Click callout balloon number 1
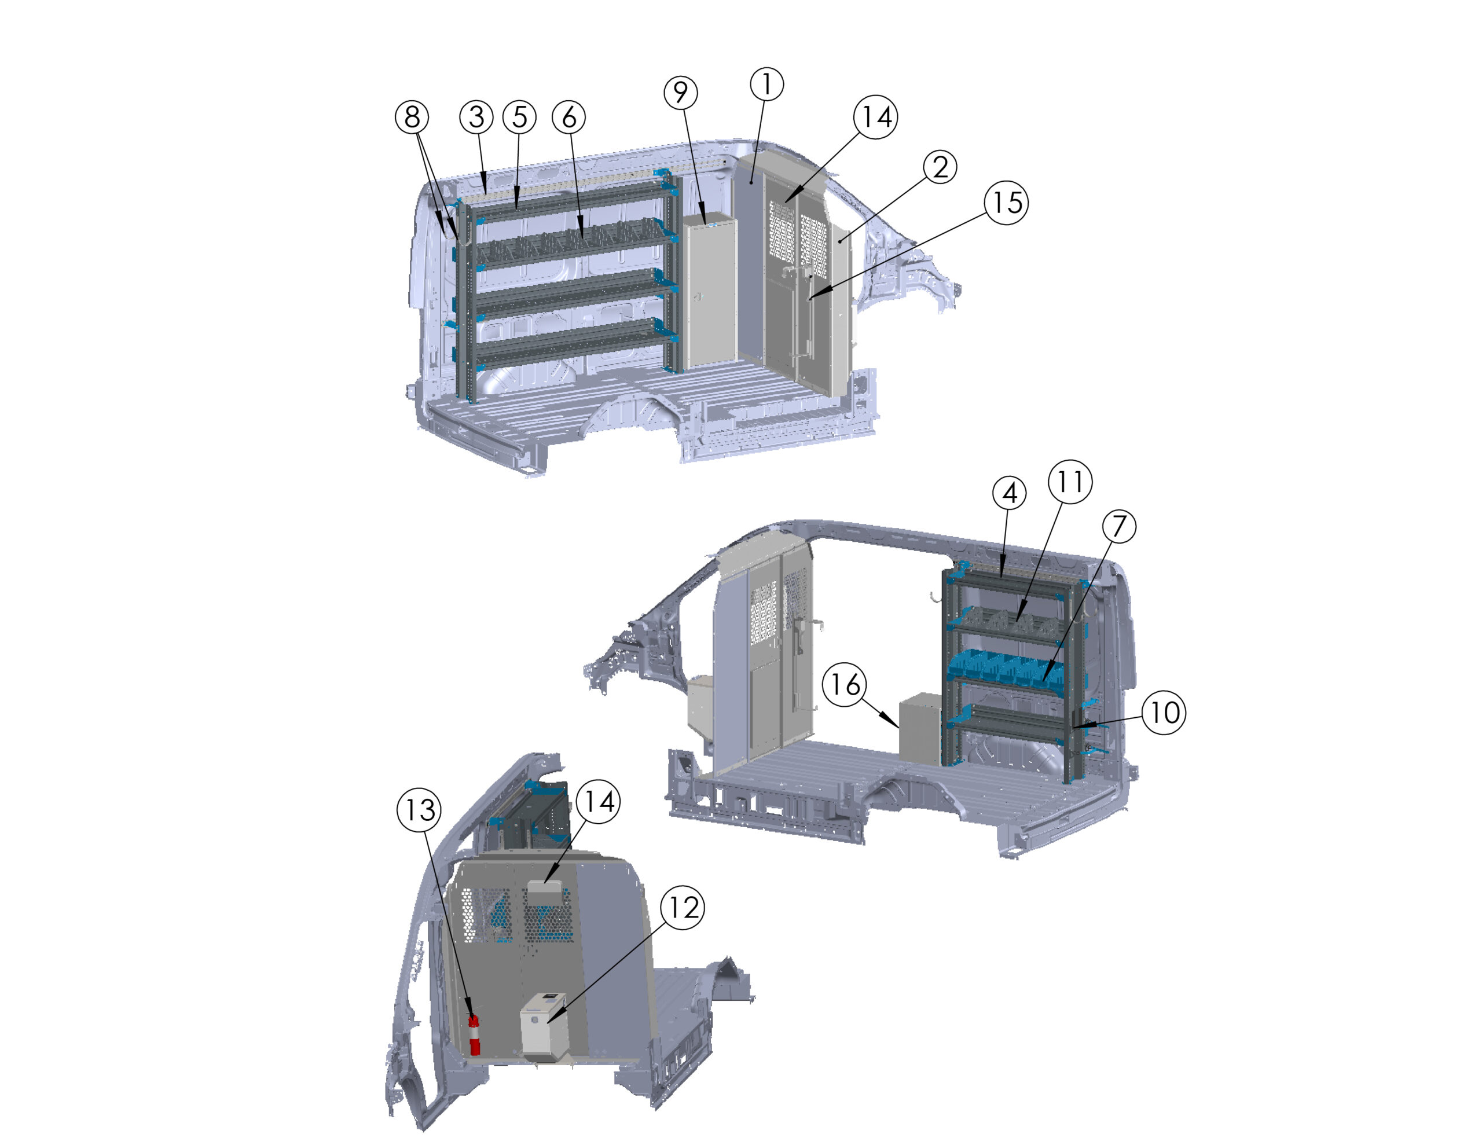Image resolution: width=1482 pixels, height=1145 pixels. (x=767, y=84)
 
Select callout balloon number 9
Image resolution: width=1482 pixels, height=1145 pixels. (x=681, y=92)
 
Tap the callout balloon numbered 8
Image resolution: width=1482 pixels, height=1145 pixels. (x=412, y=117)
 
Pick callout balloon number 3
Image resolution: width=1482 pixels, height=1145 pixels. (x=476, y=117)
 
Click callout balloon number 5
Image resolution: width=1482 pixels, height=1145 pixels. (x=519, y=117)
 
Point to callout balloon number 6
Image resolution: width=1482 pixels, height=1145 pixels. (x=568, y=117)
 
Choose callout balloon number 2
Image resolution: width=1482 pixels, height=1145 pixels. (x=940, y=167)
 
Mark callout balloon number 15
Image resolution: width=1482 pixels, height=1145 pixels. (x=1006, y=202)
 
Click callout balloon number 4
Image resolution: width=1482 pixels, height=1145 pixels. (x=1010, y=493)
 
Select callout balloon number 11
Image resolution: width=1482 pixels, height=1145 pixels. (x=1070, y=482)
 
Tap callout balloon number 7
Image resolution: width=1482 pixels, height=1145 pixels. (x=1119, y=526)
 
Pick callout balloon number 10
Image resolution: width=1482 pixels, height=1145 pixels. (x=1164, y=713)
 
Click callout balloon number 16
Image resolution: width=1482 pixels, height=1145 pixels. (x=845, y=684)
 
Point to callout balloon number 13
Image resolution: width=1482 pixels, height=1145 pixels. (x=419, y=810)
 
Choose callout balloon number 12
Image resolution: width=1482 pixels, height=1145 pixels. (x=682, y=908)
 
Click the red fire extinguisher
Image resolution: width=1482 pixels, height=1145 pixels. (x=474, y=1035)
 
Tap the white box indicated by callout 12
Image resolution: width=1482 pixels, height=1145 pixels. (x=544, y=1026)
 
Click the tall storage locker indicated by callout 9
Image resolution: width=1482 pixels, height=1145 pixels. (x=710, y=292)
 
